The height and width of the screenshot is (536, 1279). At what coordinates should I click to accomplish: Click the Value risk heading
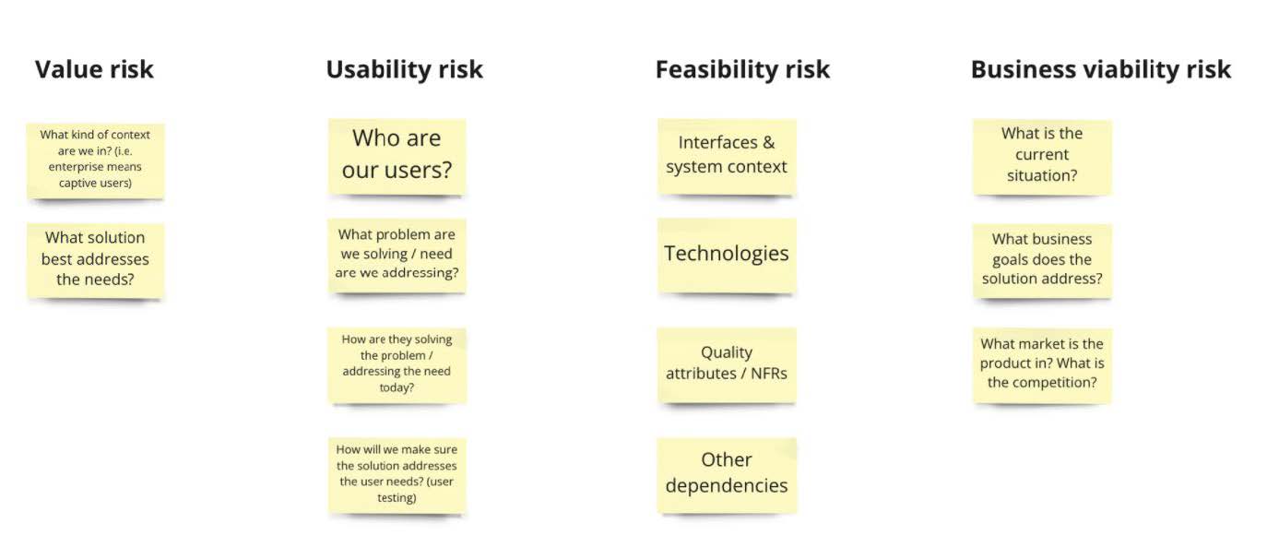coord(94,70)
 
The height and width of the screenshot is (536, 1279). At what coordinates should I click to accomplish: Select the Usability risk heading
coord(404,70)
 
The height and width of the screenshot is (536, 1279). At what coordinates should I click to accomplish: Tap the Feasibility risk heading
coord(742,70)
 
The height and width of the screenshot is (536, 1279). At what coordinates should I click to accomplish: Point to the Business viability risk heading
coord(1101,70)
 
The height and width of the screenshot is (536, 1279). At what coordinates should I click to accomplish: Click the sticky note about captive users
coord(95,161)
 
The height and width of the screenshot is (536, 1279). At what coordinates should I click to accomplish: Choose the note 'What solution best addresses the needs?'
coord(95,260)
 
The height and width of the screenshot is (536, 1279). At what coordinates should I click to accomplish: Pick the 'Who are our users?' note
coord(397,156)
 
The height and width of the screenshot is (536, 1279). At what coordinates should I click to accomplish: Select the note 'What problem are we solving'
coord(397,256)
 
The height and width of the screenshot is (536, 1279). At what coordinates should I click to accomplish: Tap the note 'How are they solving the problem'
coord(397,364)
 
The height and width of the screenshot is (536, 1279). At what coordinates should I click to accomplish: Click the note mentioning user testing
coord(397,475)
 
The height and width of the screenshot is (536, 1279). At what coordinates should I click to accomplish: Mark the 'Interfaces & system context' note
coord(727,156)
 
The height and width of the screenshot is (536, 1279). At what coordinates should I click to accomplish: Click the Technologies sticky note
coord(727,256)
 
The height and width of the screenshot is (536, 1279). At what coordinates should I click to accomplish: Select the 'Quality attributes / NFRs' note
coord(727,364)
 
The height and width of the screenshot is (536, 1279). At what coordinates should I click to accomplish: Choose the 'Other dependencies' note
coord(727,475)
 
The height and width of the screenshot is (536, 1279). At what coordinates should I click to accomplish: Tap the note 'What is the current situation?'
coord(1043,157)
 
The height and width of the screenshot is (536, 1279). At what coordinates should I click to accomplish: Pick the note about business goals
coord(1043,260)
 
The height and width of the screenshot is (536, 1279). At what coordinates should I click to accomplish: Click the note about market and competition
coord(1043,365)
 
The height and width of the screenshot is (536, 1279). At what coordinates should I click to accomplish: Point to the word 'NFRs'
coord(768,373)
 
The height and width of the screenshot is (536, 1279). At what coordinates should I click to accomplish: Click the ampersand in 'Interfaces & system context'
coord(768,142)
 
